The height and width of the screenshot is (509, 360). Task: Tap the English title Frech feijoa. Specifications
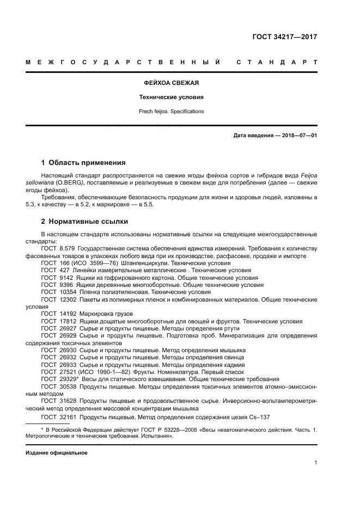(x=171, y=111)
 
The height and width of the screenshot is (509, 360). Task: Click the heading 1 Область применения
(x=84, y=162)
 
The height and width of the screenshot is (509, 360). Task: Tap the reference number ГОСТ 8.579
(x=57, y=248)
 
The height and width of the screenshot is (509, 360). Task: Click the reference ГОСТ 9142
(x=57, y=277)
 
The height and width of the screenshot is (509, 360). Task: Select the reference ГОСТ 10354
(x=58, y=292)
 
